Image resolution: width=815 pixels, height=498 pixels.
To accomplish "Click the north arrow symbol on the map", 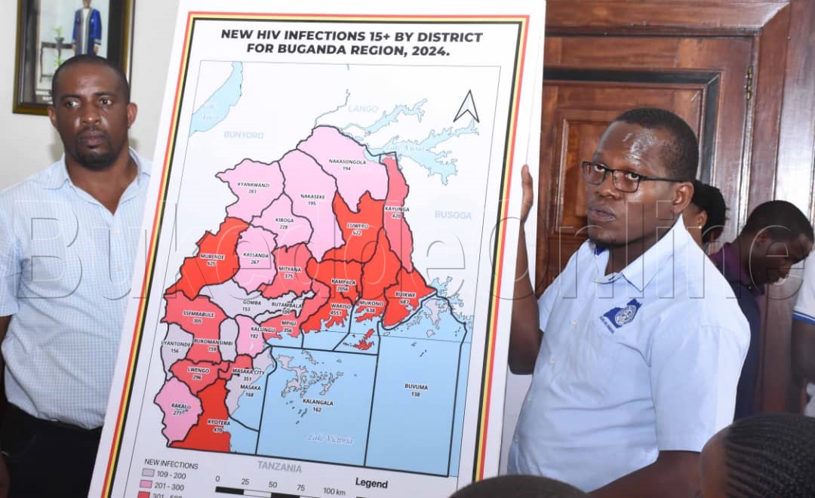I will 466,107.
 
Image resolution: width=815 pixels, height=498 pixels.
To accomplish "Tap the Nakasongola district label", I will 346,163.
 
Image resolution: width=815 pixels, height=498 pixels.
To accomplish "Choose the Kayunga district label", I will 397,211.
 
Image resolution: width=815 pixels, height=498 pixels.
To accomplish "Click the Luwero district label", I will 358,228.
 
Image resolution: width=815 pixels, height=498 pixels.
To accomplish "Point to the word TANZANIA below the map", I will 279,467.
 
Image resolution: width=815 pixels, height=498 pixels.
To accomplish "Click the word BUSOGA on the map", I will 453,215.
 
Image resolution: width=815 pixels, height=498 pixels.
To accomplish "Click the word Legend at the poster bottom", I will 371,483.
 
